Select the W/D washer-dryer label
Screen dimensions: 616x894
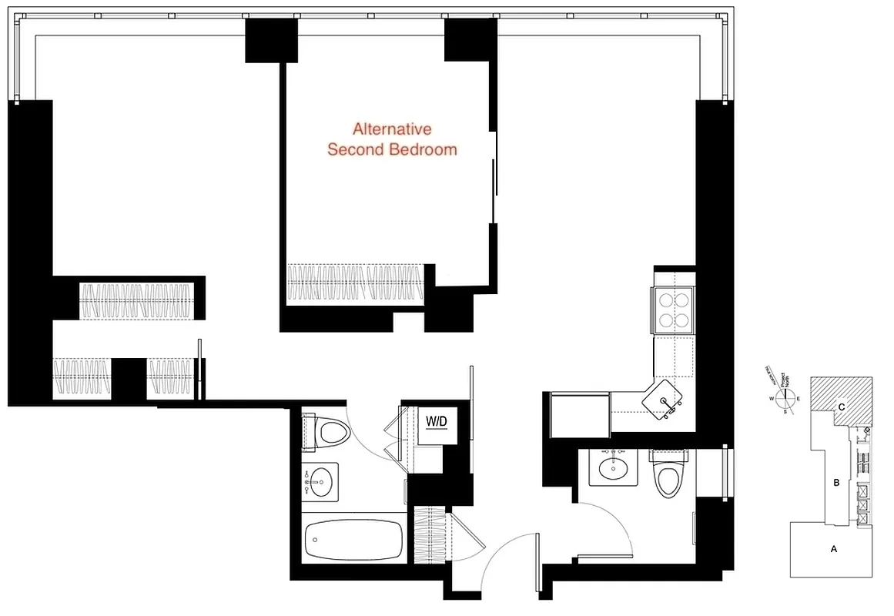pyautogui.click(x=436, y=422)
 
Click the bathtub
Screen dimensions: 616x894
pyautogui.click(x=353, y=542)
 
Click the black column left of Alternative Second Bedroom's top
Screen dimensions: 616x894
pyautogui.click(x=271, y=41)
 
